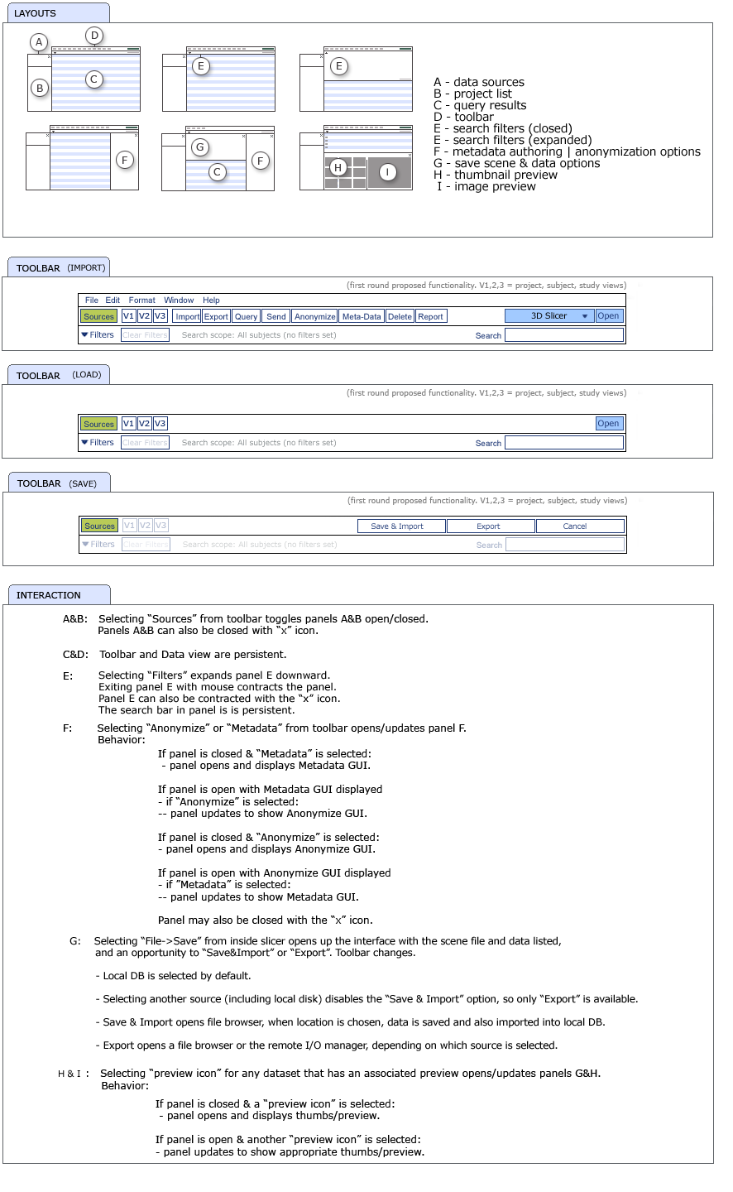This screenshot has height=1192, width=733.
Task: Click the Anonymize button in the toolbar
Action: tap(315, 316)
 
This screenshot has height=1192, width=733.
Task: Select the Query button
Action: tap(246, 316)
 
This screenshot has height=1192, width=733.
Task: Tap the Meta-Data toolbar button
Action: tap(362, 316)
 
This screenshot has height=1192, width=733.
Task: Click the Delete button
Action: tap(400, 316)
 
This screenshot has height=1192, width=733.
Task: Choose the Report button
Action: tap(430, 316)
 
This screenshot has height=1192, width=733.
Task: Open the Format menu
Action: tap(141, 300)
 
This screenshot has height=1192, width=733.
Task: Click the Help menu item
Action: tap(211, 300)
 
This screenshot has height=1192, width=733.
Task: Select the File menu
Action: tap(92, 300)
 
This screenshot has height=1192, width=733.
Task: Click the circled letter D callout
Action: tap(95, 35)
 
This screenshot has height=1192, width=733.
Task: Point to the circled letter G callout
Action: tap(199, 147)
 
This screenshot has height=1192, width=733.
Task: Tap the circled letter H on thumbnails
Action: tap(338, 168)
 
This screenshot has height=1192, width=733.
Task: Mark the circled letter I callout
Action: tap(387, 172)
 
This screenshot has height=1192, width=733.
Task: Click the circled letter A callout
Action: tap(38, 41)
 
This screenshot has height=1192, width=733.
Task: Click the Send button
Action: tap(276, 316)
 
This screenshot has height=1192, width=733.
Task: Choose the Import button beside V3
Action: tap(187, 316)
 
